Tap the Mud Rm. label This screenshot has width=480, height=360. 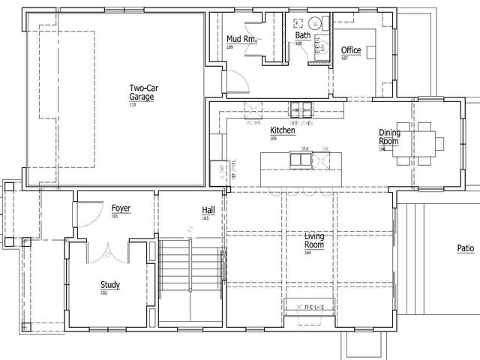click(241, 39)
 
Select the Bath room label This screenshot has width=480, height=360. click(302, 35)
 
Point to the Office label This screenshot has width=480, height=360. click(351, 50)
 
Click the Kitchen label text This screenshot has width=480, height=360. click(282, 130)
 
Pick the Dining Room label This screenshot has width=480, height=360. click(388, 137)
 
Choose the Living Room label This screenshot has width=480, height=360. click(313, 241)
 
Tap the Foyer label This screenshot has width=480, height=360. click(121, 208)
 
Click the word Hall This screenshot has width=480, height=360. click(208, 210)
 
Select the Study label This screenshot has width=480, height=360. click(110, 284)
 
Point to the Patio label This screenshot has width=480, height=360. click(466, 248)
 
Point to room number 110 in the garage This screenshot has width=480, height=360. click(133, 104)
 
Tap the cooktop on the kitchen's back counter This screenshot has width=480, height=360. click(299, 106)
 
